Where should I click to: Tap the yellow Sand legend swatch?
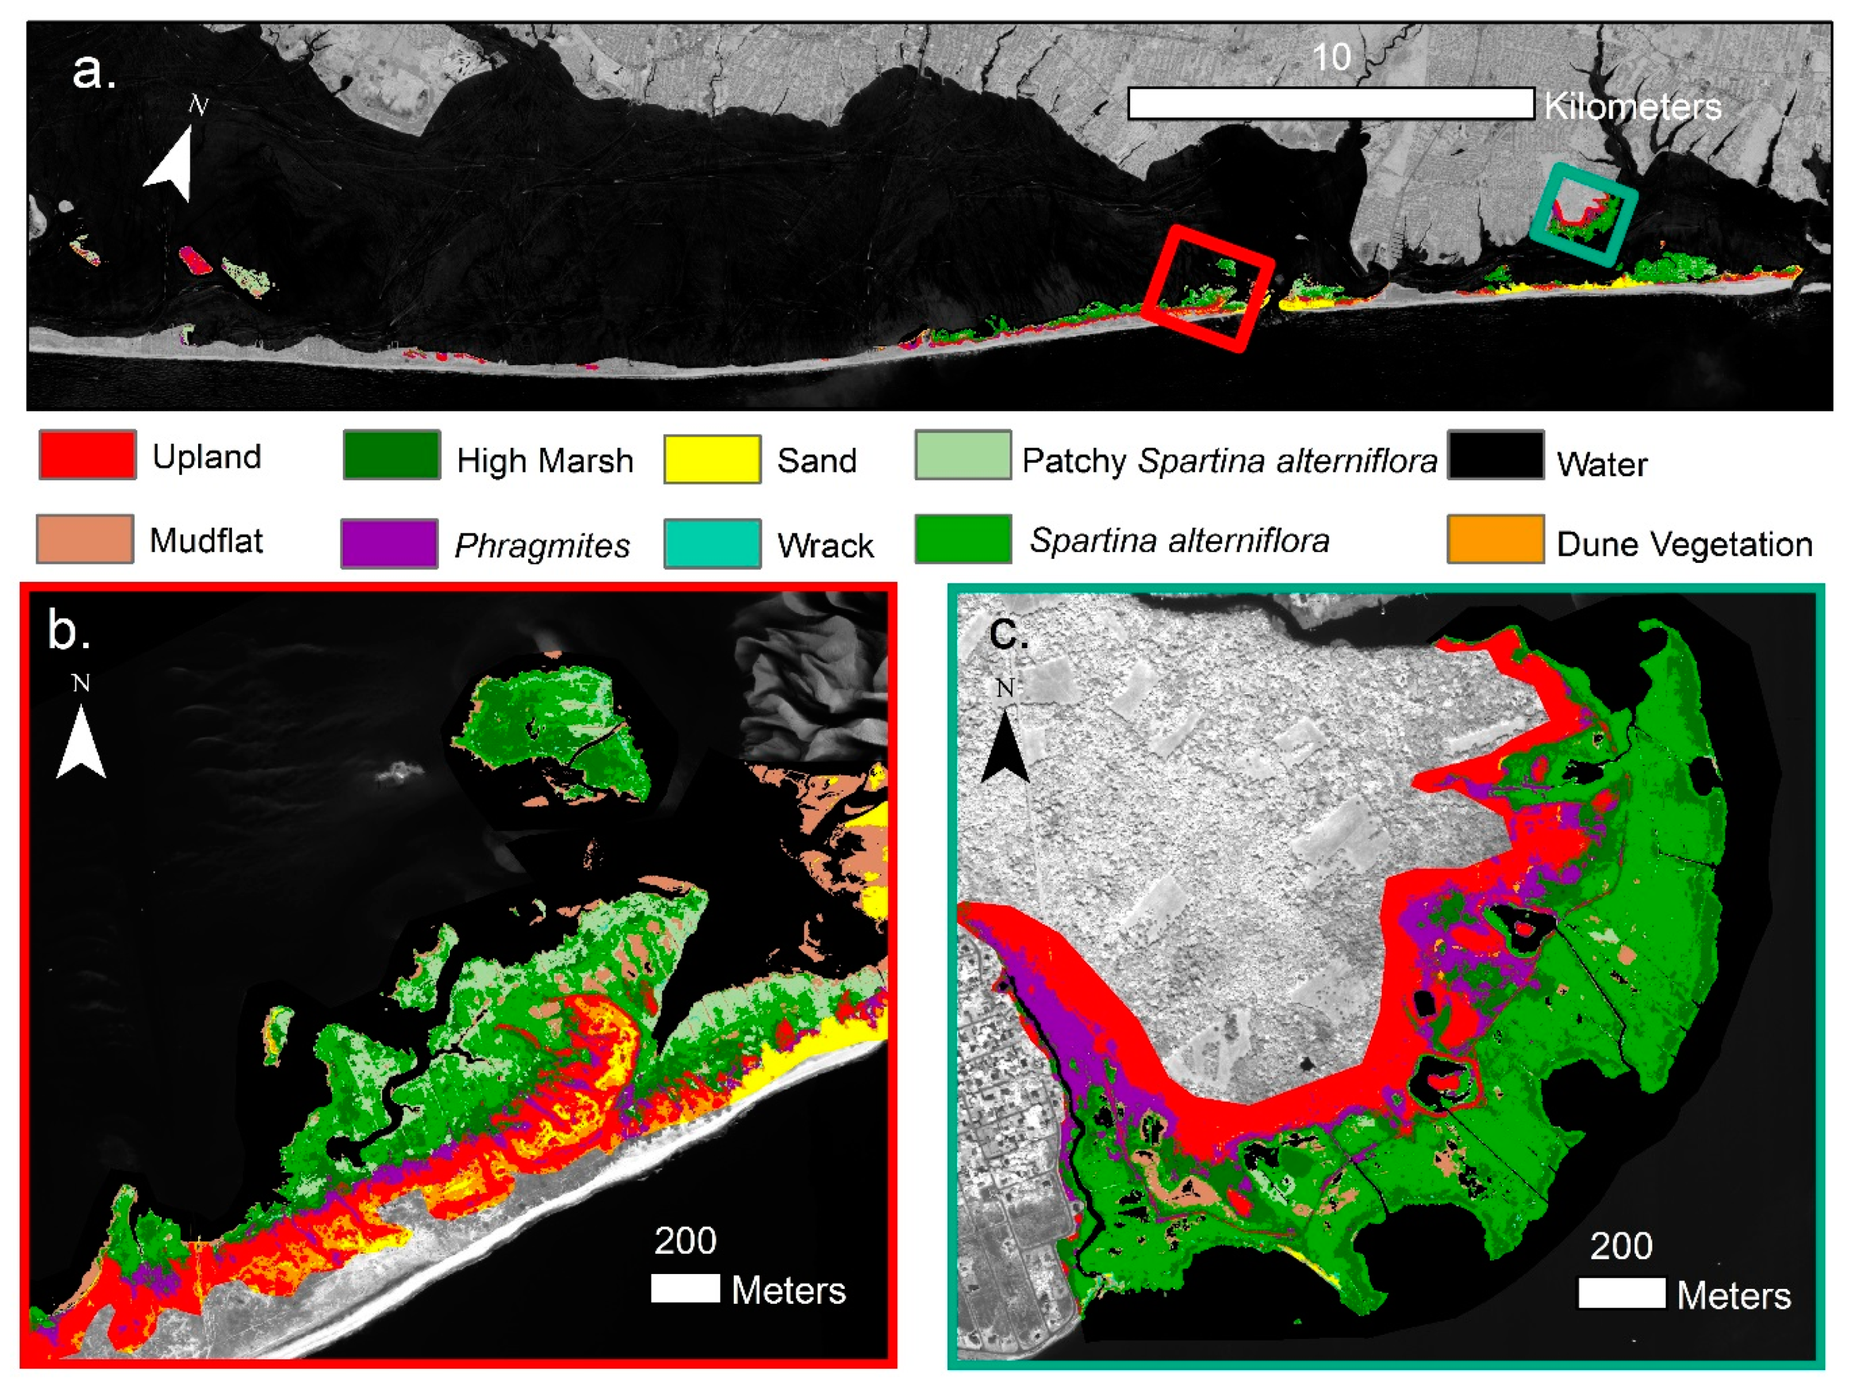[712, 459]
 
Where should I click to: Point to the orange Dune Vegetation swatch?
[1496, 539]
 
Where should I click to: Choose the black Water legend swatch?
[1496, 455]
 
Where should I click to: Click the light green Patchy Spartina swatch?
[963, 455]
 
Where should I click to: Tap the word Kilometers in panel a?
[1632, 106]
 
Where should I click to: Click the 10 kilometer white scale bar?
[1331, 104]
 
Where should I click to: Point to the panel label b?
[68, 629]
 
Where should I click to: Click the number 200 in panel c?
[1620, 1245]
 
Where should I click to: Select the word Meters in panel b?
[788, 1290]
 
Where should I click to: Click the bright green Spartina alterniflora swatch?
[963, 539]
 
